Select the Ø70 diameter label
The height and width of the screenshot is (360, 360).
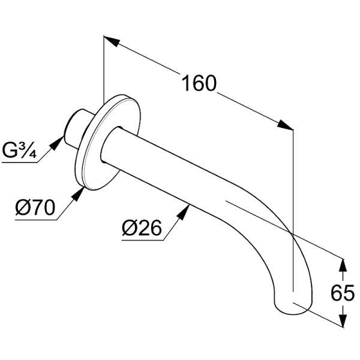[x=36, y=208]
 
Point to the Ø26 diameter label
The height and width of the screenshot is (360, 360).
[x=142, y=229]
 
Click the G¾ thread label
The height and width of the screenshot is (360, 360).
[x=20, y=150]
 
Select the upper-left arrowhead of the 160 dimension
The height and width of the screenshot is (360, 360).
[x=110, y=40]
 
